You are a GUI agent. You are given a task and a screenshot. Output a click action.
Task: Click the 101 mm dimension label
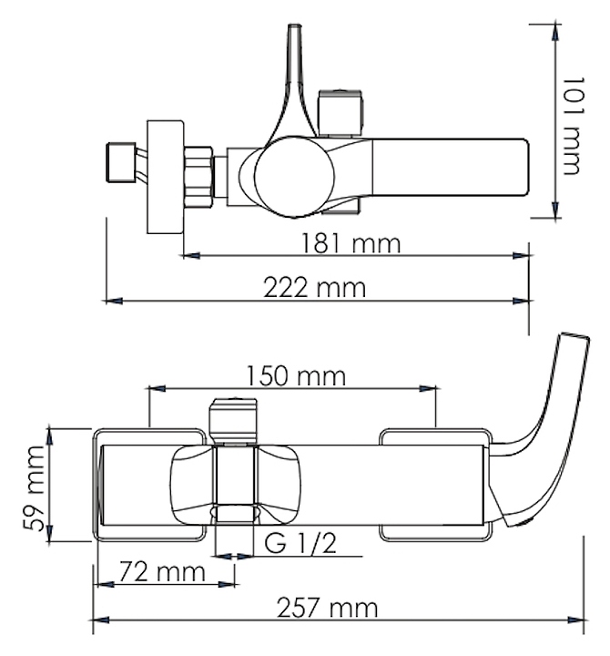573,126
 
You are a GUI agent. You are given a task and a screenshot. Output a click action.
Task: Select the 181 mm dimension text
351,243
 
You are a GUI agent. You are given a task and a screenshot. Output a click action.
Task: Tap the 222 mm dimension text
314,288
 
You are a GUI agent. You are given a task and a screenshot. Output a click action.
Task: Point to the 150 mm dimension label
296,375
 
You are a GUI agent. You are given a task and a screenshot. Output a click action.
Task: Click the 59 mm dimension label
35,488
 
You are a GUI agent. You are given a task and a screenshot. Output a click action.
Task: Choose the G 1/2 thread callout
300,543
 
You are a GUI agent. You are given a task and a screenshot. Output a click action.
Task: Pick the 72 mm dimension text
162,572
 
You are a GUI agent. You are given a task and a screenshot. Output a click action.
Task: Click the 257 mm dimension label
328,608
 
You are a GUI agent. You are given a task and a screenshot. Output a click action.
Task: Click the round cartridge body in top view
294,176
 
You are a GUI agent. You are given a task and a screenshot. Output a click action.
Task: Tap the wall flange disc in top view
165,177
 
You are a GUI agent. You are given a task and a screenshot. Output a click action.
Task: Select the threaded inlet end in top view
121,163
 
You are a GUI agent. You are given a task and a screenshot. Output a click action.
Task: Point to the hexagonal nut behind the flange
198,177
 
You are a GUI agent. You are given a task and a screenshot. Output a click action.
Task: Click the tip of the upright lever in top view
294,26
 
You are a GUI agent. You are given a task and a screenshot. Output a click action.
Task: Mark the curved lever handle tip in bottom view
575,336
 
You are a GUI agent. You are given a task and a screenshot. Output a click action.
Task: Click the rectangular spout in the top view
450,168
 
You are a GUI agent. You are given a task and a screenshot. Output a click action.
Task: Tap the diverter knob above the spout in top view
340,113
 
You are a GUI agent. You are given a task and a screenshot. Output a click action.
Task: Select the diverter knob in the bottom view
233,420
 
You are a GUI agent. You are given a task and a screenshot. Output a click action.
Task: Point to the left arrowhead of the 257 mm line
101,620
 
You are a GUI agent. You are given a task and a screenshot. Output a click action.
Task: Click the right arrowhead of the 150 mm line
427,389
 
